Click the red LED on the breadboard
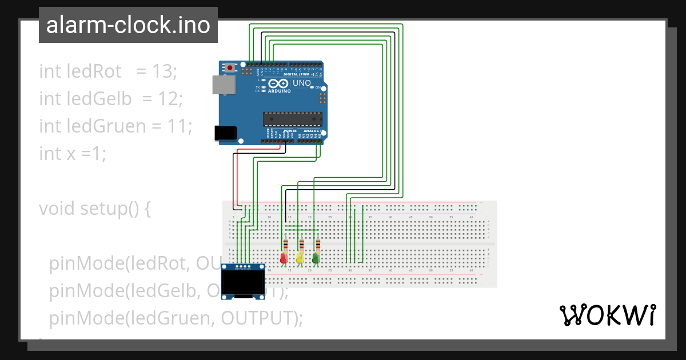pyautogui.click(x=284, y=259)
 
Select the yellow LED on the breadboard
pyautogui.click(x=300, y=259)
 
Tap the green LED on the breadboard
pyautogui.click(x=316, y=259)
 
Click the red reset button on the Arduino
pyautogui.click(x=230, y=67)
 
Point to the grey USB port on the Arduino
pyautogui.click(x=223, y=85)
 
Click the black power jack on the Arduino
pyautogui.click(x=225, y=133)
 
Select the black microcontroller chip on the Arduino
pyautogui.click(x=292, y=119)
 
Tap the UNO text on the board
pyautogui.click(x=302, y=83)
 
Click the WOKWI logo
pyautogui.click(x=607, y=315)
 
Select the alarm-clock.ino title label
pyautogui.click(x=128, y=25)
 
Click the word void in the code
pyautogui.click(x=57, y=209)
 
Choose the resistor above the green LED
pyautogui.click(x=317, y=245)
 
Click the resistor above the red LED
pyautogui.click(x=285, y=245)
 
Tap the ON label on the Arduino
pyautogui.click(x=318, y=87)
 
